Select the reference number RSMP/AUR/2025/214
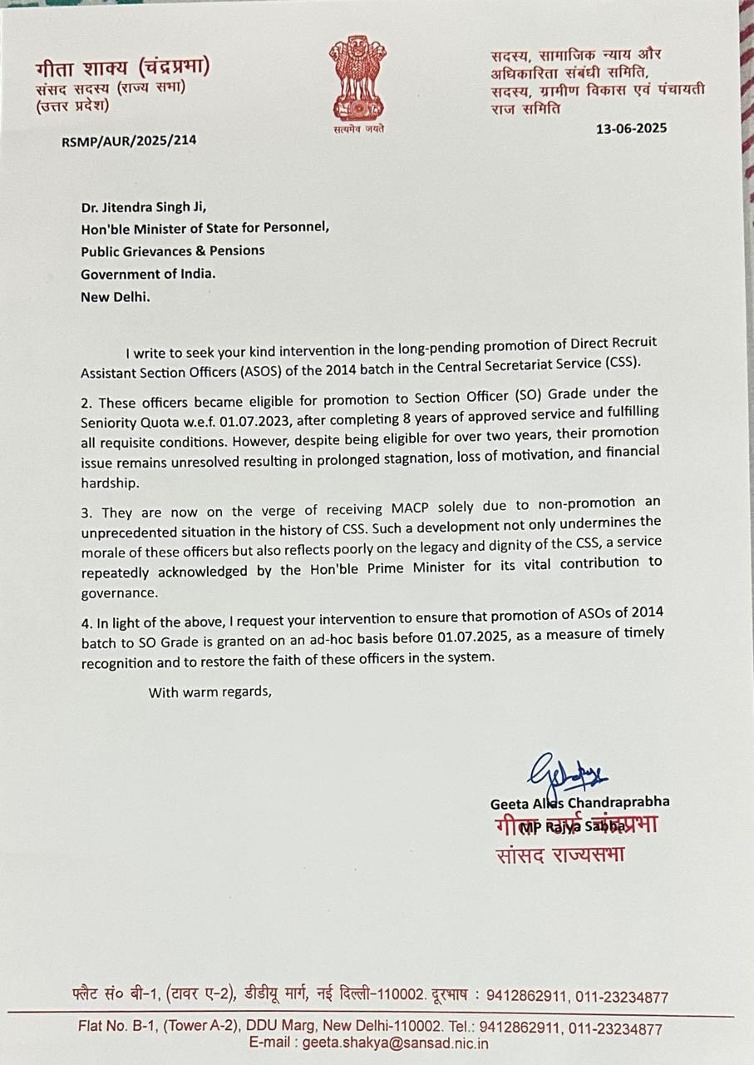[x=129, y=140]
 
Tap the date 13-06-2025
[x=631, y=128]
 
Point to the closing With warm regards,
[x=209, y=691]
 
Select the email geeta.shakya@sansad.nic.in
[x=395, y=1043]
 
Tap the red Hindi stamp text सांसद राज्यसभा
[x=559, y=854]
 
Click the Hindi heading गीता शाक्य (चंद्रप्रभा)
[x=122, y=67]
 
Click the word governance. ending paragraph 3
[x=118, y=593]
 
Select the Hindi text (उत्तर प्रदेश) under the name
[x=72, y=106]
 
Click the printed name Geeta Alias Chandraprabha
[x=579, y=802]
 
